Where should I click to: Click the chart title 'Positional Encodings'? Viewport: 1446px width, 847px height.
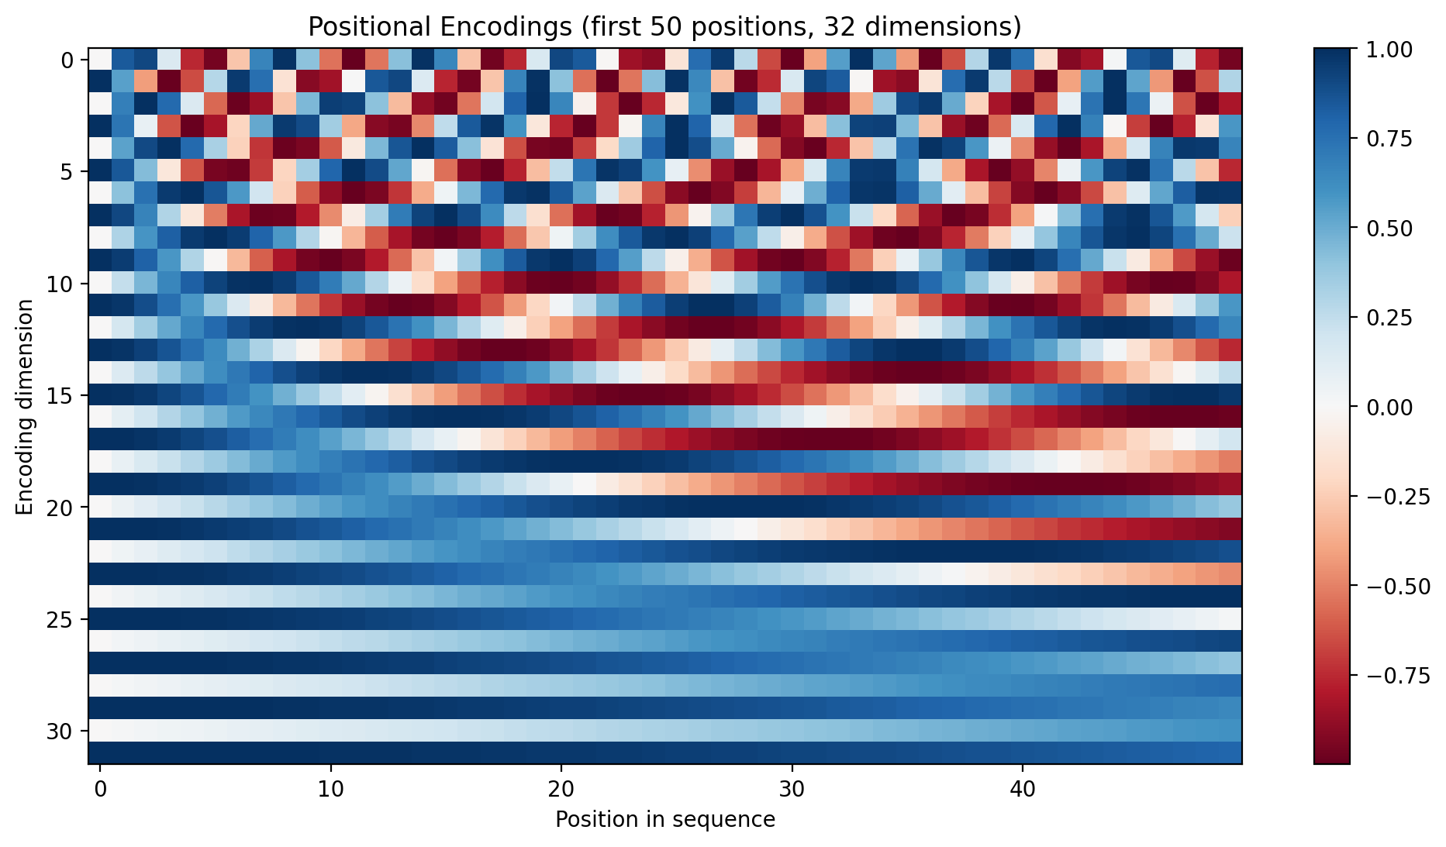(x=664, y=27)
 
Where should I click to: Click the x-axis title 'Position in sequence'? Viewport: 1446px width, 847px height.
(x=664, y=819)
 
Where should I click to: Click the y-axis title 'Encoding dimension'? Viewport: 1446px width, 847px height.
(x=25, y=407)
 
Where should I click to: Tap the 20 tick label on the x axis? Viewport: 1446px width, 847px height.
(x=561, y=791)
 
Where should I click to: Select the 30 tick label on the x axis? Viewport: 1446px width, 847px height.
(x=792, y=791)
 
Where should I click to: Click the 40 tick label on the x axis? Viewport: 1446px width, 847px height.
(x=1022, y=791)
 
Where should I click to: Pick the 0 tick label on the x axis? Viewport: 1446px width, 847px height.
(x=100, y=791)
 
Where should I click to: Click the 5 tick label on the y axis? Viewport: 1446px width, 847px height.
(x=68, y=172)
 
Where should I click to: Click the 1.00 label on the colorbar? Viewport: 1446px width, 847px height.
(x=1389, y=50)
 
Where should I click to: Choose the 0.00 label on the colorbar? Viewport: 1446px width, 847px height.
(x=1389, y=408)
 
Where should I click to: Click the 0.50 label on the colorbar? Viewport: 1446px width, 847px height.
(x=1389, y=229)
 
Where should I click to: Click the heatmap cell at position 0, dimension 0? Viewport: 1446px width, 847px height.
(x=100, y=60)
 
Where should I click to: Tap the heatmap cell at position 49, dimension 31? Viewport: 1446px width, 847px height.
(x=1230, y=753)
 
